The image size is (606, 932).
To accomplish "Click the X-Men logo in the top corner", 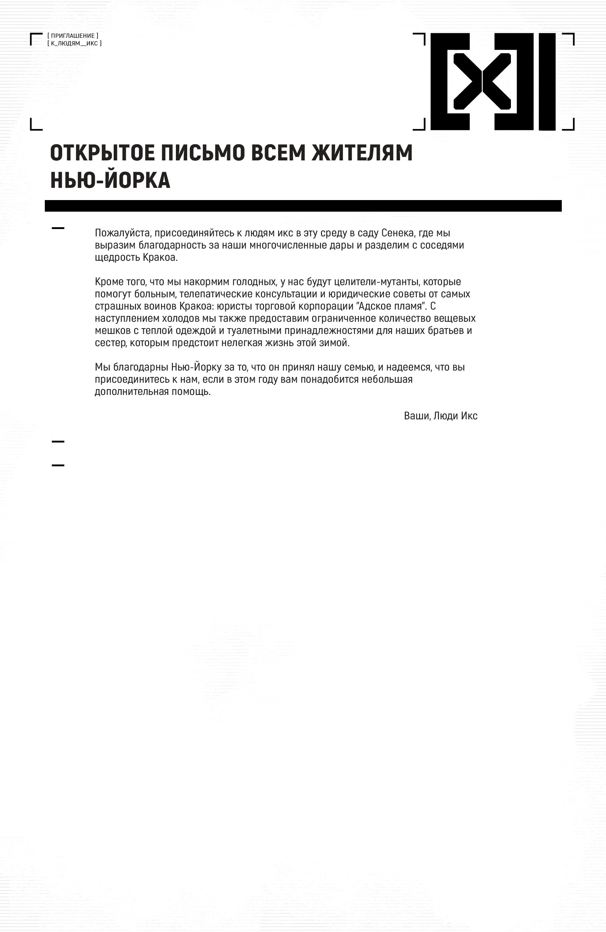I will tap(493, 81).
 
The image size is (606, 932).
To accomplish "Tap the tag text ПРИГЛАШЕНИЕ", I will tap(73, 36).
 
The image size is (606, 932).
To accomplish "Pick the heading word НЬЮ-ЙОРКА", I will tap(110, 180).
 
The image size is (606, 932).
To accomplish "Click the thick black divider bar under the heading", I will tap(303, 206).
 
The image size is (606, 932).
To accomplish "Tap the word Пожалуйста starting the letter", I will tap(123, 233).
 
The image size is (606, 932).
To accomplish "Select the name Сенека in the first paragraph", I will tap(397, 233).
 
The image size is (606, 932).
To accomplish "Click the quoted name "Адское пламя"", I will tap(391, 306).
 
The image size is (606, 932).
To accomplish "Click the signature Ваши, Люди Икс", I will tap(440, 416).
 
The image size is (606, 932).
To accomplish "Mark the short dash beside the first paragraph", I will tap(58, 228).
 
